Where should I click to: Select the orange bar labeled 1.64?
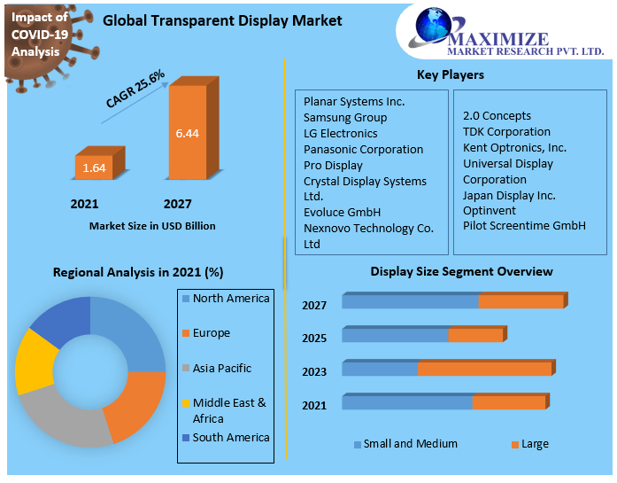point(93,167)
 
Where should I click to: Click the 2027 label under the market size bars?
point(178,204)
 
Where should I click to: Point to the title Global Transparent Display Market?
point(222,20)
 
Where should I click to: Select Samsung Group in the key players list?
point(344,117)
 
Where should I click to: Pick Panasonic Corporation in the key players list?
point(363,149)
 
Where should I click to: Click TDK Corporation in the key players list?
point(506,131)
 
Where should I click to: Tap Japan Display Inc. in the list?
point(509,195)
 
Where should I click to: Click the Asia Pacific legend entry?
point(221,368)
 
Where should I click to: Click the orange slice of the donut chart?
point(136,407)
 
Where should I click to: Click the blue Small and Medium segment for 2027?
point(410,301)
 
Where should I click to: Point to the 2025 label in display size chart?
point(314,339)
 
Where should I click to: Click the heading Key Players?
point(451,74)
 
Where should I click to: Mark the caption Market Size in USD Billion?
point(152,226)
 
